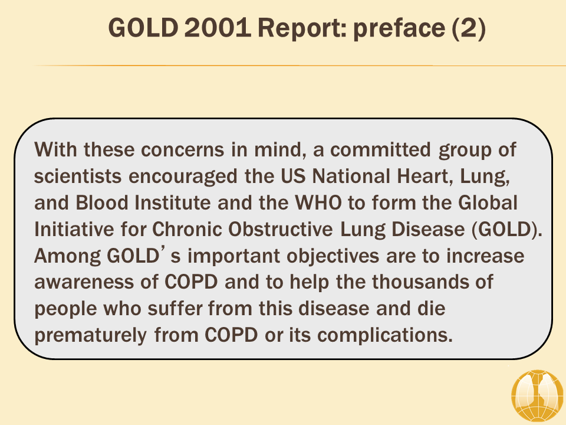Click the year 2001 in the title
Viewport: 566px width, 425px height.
pyautogui.click(x=218, y=28)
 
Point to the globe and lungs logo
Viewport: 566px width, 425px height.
pyautogui.click(x=538, y=396)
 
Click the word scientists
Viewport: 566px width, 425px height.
pyautogui.click(x=78, y=176)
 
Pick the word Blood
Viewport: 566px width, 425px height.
pyautogui.click(x=102, y=202)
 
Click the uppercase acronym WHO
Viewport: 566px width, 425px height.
pyautogui.click(x=318, y=202)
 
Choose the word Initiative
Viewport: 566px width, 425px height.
pyautogui.click(x=74, y=229)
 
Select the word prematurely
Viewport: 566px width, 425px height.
pyautogui.click(x=91, y=336)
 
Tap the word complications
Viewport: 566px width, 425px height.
pyautogui.click(x=385, y=336)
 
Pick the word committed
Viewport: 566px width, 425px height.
pyautogui.click(x=380, y=150)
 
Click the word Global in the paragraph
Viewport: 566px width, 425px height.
pyautogui.click(x=488, y=202)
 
